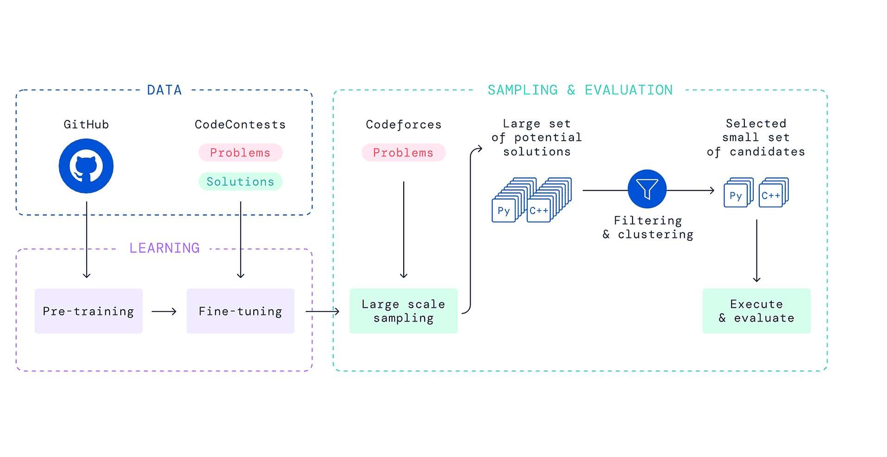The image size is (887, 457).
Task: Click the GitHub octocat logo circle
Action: click(86, 166)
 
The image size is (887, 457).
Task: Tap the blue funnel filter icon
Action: click(647, 189)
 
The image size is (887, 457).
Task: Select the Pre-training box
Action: click(88, 311)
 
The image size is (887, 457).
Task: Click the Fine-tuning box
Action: click(240, 311)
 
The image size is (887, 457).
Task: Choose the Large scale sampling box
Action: click(403, 311)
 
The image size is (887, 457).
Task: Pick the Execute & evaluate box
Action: click(756, 311)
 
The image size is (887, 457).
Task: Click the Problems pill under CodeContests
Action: click(240, 152)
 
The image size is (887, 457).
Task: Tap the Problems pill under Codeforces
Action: click(403, 152)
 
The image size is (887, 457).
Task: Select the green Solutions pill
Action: click(240, 182)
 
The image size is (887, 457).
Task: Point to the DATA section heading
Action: click(164, 90)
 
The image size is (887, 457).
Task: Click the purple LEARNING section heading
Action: click(164, 248)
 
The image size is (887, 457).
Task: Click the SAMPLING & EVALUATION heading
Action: click(580, 90)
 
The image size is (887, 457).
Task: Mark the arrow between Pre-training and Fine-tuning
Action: click(164, 312)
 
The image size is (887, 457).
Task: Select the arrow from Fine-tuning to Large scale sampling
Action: click(322, 312)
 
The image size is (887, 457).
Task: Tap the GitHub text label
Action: click(86, 125)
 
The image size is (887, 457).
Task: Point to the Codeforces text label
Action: click(403, 125)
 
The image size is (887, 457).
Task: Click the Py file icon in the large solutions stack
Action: click(504, 211)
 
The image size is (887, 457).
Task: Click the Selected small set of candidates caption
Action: click(756, 138)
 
